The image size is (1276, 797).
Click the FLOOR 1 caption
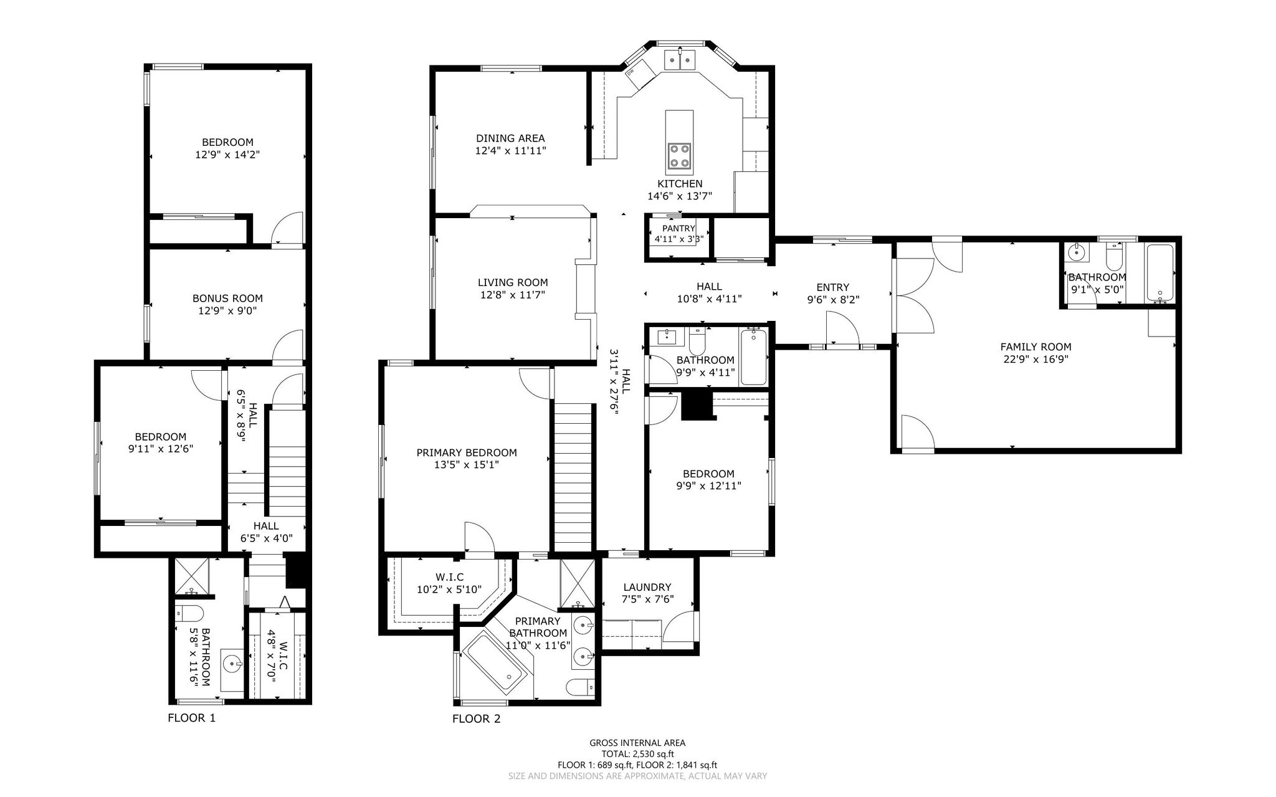(x=191, y=717)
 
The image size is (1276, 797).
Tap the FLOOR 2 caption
(x=476, y=718)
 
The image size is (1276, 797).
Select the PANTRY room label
(x=678, y=229)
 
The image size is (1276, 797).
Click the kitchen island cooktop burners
(x=679, y=156)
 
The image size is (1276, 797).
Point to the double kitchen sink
(x=680, y=60)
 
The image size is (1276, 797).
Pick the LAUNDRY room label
(x=647, y=587)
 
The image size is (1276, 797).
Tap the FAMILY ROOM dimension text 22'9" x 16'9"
(x=1036, y=359)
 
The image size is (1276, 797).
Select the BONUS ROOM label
(x=227, y=298)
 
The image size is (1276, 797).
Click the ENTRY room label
(x=833, y=287)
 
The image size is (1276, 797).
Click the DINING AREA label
(x=510, y=138)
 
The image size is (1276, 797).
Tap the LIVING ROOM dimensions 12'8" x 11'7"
(x=512, y=295)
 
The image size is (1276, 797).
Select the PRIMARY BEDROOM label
(x=467, y=452)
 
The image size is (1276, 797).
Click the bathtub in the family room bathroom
(x=1159, y=272)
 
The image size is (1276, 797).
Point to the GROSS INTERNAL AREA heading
(x=637, y=743)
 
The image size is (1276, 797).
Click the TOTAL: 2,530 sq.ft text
(x=637, y=754)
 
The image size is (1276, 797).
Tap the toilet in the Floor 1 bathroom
(x=189, y=614)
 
